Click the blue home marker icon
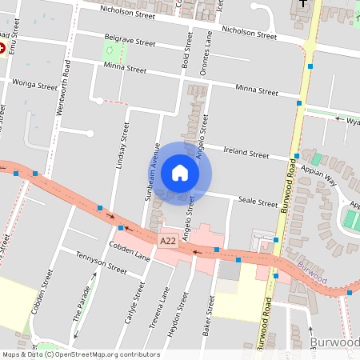click(x=179, y=173)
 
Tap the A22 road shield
click(x=167, y=240)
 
